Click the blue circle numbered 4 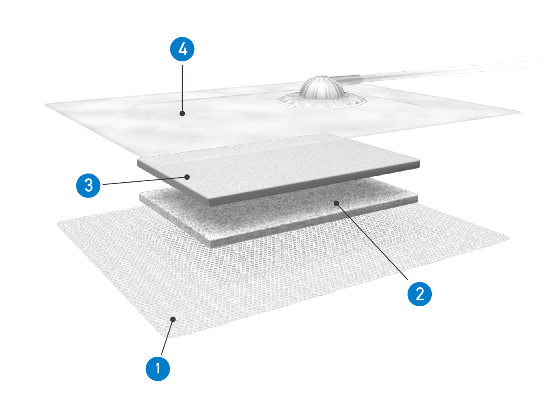182,49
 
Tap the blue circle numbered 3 88,186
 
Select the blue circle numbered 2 419,294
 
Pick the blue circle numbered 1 158,369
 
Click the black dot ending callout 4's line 182,113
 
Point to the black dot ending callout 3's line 187,177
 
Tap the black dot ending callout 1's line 173,319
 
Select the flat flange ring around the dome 321,102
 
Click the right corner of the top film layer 521,112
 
